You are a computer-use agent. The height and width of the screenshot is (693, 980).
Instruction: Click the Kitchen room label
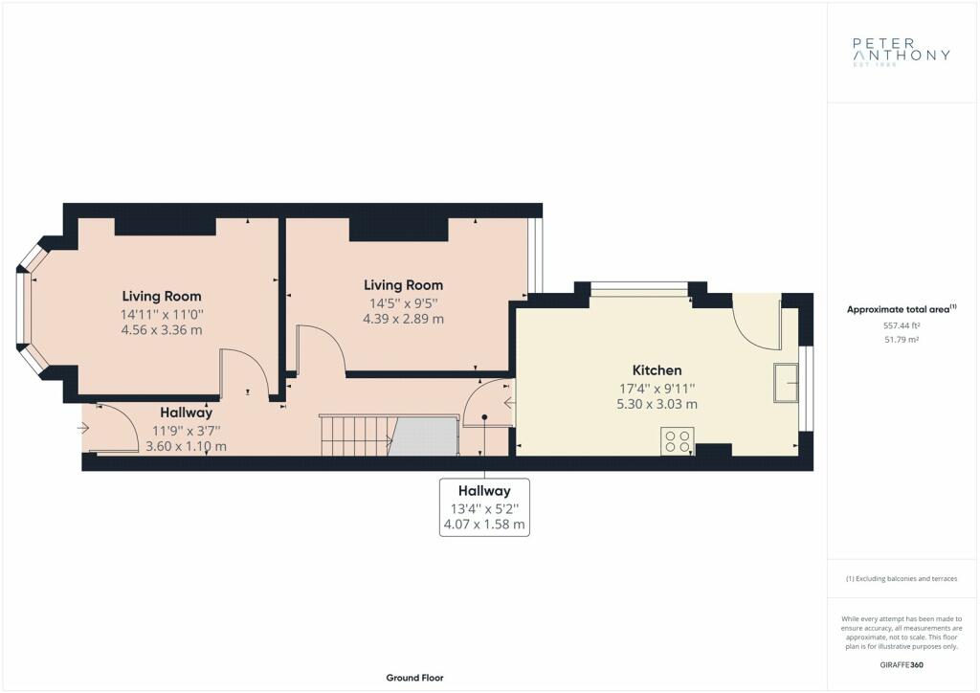coord(657,369)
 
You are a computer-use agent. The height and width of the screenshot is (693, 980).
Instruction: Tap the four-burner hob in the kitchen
coord(678,441)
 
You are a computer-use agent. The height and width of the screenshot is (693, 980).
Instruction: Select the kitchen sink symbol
coord(786,383)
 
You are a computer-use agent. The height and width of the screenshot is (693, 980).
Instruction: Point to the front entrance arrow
coord(83,428)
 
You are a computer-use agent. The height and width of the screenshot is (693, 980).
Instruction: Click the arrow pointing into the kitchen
coord(509,403)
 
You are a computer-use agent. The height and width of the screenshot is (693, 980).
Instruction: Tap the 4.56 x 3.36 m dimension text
coord(161,330)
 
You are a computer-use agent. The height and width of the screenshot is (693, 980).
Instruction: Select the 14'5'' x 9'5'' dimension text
coord(403,303)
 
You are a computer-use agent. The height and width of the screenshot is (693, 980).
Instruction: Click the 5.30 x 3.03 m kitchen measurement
coord(657,404)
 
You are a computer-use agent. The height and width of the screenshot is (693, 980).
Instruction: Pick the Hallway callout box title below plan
coord(484,490)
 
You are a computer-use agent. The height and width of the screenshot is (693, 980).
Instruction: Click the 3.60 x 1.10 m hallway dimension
coord(187,446)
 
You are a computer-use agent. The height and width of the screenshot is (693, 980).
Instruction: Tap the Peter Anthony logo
coord(902,52)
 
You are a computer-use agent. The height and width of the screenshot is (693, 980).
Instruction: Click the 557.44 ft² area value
coord(902,325)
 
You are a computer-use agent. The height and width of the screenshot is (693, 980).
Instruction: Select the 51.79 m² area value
coord(902,340)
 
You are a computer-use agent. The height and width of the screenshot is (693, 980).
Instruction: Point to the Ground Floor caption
coord(415,678)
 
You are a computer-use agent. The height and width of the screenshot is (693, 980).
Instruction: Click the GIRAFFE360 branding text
coord(902,665)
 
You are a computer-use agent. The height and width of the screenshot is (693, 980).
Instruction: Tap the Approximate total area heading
coord(902,309)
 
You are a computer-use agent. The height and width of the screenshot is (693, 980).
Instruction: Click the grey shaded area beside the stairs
coord(424,436)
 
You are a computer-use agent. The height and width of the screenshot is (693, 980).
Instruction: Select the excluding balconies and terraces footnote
coord(902,579)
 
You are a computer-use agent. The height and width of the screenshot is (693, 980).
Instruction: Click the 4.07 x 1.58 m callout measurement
coord(484,525)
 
